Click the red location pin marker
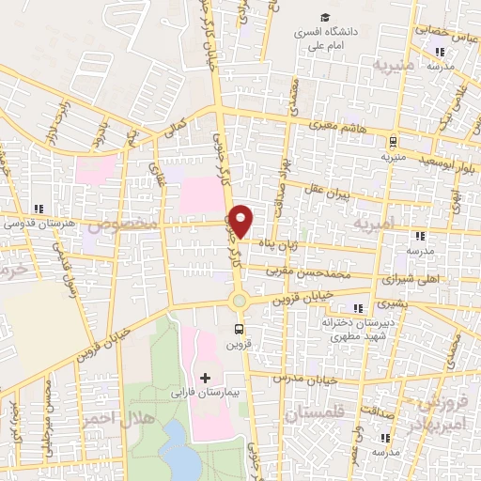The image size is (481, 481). (x=241, y=221)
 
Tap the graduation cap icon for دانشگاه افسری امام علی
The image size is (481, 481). (x=324, y=18)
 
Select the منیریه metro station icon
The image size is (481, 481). (x=393, y=141)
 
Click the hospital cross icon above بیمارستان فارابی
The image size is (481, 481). (x=206, y=378)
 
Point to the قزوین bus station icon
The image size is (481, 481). (x=240, y=329)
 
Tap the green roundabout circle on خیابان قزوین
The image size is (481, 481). (x=240, y=301)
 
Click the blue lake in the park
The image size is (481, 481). (x=176, y=442)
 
